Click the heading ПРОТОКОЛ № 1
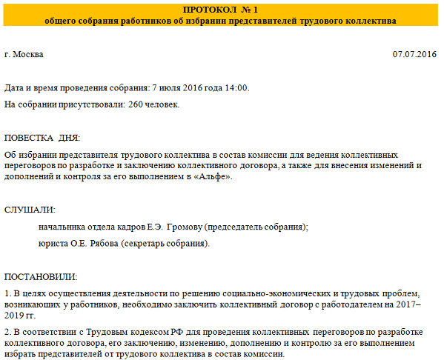221,9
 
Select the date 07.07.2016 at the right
414,55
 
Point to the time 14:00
236,88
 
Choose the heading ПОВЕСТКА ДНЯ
42,139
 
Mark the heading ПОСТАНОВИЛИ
41,277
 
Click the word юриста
54,243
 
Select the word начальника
64,227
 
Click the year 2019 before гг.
16,315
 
